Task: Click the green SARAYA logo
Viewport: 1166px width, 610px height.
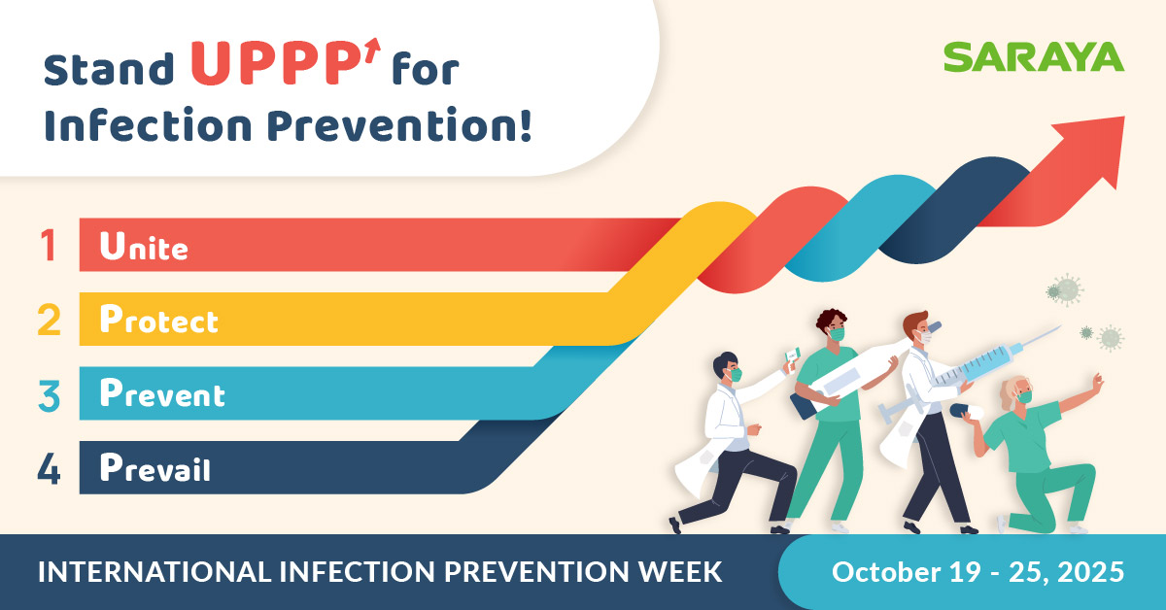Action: click(1034, 57)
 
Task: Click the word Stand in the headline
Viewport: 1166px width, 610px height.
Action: click(108, 68)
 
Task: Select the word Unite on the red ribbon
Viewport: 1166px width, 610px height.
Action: click(144, 245)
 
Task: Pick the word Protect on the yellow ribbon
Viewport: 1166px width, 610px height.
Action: click(158, 319)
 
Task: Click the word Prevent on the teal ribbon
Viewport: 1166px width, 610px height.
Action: click(162, 392)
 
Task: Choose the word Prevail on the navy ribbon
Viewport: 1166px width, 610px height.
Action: click(155, 467)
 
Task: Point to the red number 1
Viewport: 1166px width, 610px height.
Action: click(49, 245)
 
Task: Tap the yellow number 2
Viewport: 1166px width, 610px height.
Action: click(49, 319)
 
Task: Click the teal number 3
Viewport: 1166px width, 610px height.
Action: click(49, 395)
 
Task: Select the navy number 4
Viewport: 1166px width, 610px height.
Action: click(49, 469)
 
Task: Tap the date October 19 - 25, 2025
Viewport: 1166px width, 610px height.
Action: click(978, 571)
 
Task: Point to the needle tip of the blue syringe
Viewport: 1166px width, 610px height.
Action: click(1060, 327)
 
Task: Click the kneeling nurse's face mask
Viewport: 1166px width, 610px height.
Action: click(1024, 397)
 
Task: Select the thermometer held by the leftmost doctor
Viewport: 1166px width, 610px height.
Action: click(792, 356)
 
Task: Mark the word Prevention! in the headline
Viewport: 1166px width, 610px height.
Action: click(399, 125)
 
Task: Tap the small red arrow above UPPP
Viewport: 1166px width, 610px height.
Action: click(372, 51)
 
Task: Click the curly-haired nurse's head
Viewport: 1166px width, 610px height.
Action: click(833, 325)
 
